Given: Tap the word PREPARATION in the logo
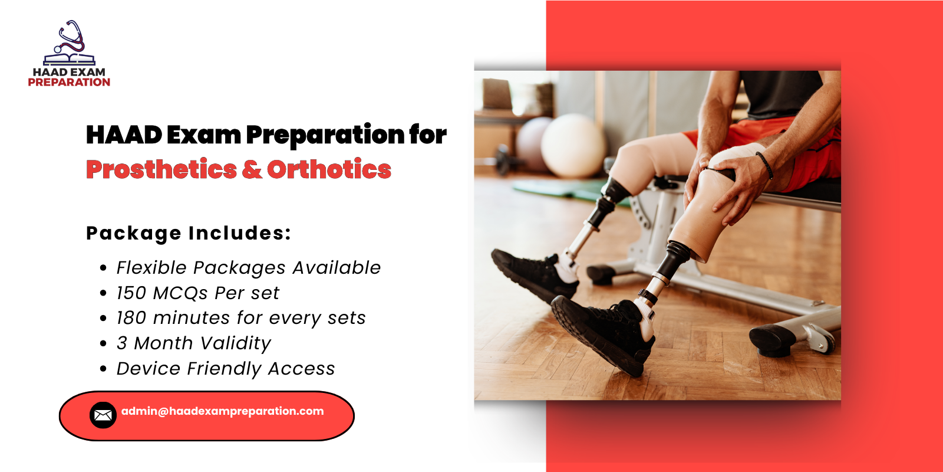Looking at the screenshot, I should pyautogui.click(x=69, y=83).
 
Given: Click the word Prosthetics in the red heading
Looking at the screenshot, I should pyautogui.click(x=161, y=169).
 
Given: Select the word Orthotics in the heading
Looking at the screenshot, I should pyautogui.click(x=329, y=169).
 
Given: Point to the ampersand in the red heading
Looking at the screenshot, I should pyautogui.click(x=252, y=169).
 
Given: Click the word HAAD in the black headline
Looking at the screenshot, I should pyautogui.click(x=124, y=135).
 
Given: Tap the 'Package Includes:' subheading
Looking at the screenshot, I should pyautogui.click(x=189, y=233).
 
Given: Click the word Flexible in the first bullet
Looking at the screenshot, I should pyautogui.click(x=151, y=268).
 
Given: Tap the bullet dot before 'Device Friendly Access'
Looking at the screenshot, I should pyautogui.click(x=104, y=369).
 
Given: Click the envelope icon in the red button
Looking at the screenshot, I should pyautogui.click(x=103, y=415).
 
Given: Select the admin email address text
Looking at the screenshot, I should pyautogui.click(x=222, y=411).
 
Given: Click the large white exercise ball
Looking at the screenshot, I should pyautogui.click(x=573, y=145).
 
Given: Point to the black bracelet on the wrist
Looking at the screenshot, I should pyautogui.click(x=764, y=165).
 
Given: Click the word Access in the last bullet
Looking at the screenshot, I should pyautogui.click(x=301, y=369).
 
